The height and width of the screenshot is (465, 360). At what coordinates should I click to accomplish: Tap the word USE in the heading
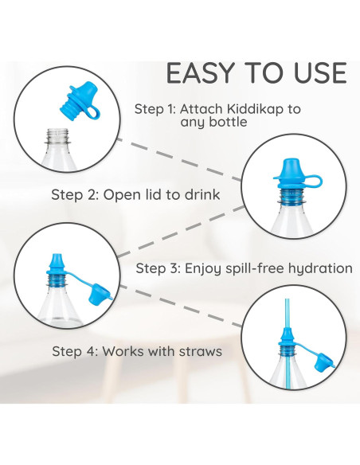tap(320, 73)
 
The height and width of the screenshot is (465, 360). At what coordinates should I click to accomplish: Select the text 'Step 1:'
tap(155, 109)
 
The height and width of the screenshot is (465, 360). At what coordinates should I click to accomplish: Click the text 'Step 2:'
tap(76, 195)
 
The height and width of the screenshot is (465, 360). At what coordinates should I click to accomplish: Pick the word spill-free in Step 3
tap(255, 268)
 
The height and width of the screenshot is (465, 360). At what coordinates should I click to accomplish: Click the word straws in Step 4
tap(201, 351)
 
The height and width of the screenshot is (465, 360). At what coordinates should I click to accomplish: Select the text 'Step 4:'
tap(75, 351)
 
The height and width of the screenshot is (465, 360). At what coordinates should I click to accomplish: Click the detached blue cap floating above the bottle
tap(80, 102)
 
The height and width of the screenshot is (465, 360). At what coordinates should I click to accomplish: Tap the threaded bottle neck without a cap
tap(58, 136)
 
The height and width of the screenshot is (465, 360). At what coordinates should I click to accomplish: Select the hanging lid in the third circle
tap(100, 294)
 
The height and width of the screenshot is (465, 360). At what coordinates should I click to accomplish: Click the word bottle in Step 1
tap(230, 122)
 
